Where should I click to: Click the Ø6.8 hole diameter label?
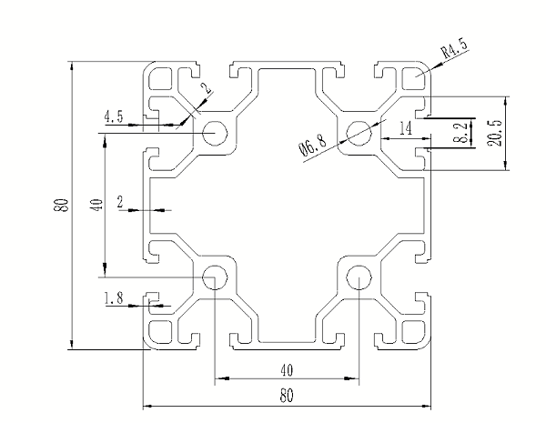311,145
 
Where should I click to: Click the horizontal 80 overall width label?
287,396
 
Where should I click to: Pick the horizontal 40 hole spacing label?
287,370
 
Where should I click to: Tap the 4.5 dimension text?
115,116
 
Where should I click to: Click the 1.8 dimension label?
115,297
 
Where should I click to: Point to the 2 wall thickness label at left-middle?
121,202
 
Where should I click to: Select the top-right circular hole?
359,133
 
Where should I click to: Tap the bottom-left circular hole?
215,277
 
